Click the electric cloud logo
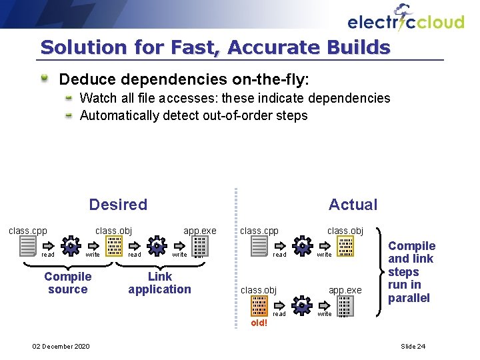[405, 19]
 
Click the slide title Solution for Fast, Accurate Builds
[215, 47]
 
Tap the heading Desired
[118, 205]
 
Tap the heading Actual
[353, 205]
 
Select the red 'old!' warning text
[259, 323]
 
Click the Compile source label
[67, 283]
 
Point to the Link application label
[159, 283]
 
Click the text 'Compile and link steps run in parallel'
[411, 272]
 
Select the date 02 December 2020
[61, 346]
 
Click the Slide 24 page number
[413, 346]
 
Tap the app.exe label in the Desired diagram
[200, 231]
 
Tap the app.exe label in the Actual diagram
[345, 290]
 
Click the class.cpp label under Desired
[27, 231]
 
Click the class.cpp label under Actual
[259, 231]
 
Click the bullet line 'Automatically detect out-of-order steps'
[193, 115]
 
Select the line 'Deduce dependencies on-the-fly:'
[184, 80]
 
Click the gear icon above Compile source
[70, 246]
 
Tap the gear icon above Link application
[156, 246]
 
